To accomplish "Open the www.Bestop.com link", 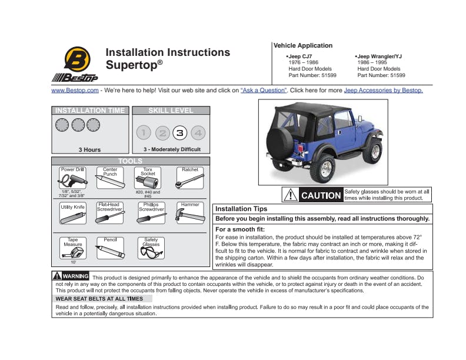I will (75, 91).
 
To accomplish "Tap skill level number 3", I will (180, 133).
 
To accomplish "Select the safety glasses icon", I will (151, 252).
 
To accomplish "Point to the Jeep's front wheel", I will (371, 152).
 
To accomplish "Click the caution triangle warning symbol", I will (290, 195).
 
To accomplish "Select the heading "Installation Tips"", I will (241, 209).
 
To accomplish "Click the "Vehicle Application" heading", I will (303, 45).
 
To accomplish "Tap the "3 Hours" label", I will (90, 149).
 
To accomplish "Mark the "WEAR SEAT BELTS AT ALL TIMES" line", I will (99, 299).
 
